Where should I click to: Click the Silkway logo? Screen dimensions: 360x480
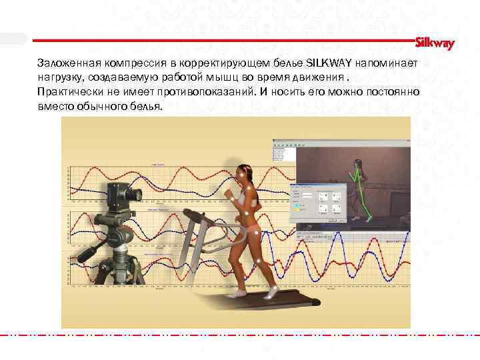point(435,43)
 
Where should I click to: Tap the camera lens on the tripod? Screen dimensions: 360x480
point(137,194)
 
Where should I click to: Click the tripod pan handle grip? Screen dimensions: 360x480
point(89,253)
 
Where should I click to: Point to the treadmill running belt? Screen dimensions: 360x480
point(267,303)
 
